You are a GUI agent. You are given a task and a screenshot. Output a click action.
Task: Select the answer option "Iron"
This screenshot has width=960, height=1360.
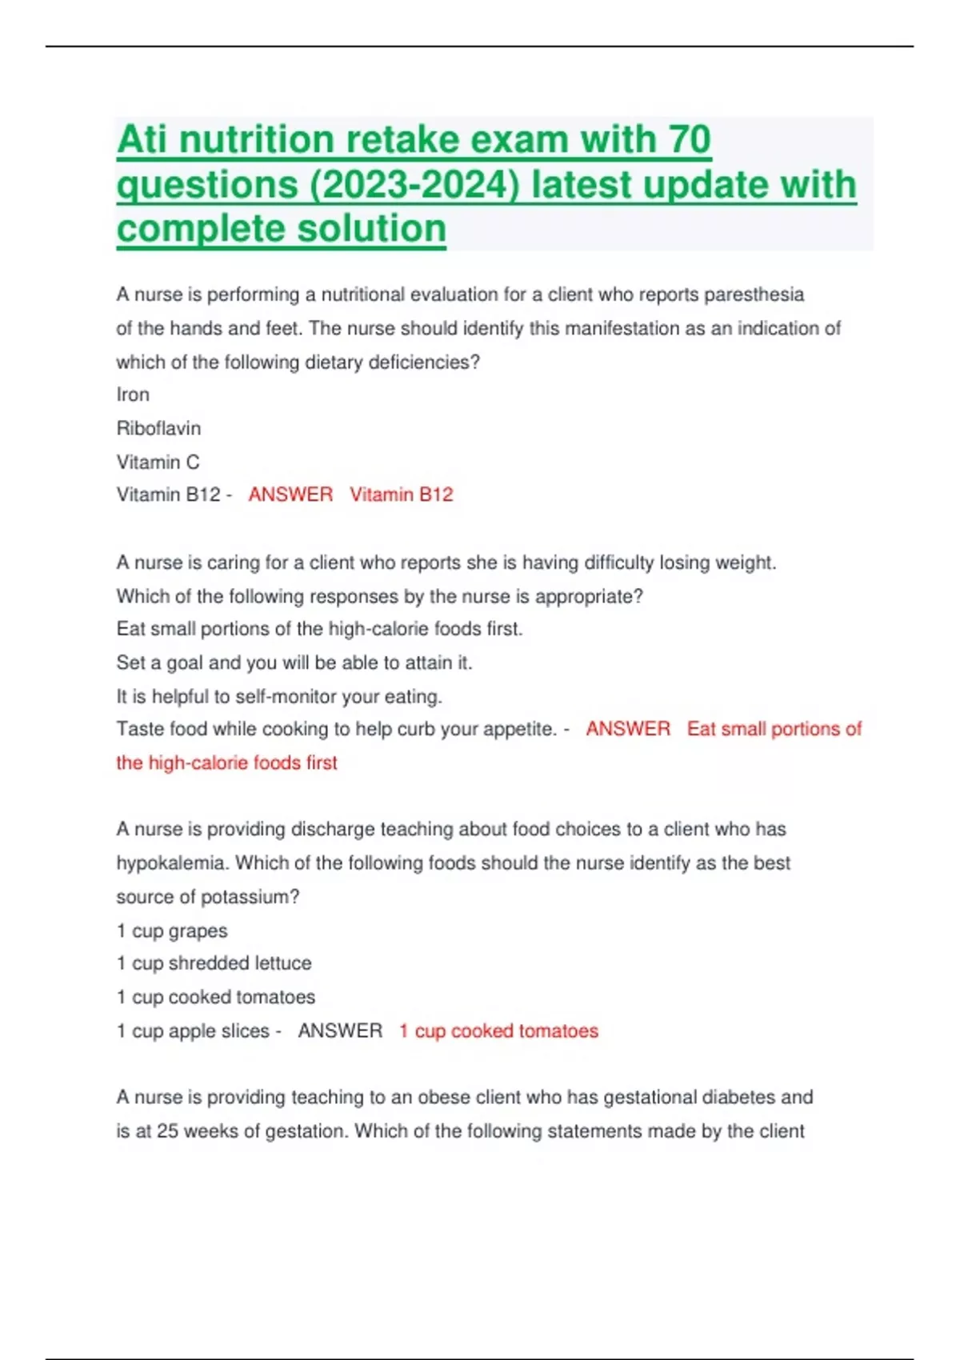pos(133,394)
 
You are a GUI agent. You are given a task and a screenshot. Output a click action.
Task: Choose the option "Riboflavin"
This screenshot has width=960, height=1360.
pos(158,428)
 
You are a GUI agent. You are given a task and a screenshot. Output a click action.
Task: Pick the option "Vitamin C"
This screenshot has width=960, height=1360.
pos(158,462)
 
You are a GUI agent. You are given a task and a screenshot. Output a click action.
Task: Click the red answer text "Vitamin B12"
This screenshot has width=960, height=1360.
pos(401,494)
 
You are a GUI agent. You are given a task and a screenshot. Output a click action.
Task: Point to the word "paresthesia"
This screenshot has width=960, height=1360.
pos(754,294)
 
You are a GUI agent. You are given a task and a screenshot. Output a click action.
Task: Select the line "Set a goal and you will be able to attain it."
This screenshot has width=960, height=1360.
pos(294,662)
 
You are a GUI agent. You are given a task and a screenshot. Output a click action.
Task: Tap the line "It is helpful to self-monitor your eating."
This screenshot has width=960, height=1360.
pos(279,696)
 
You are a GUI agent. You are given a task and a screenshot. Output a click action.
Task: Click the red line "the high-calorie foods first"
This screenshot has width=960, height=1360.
pos(226,762)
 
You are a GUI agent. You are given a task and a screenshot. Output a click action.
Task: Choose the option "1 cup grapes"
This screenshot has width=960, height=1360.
pos(172,930)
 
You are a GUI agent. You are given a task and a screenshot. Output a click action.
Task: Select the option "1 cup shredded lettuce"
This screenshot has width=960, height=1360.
pos(214,963)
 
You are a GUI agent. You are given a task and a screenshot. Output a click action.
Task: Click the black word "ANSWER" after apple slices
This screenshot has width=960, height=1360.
pos(340,1030)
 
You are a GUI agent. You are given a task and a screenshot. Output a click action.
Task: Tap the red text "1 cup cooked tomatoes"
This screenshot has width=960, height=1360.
pos(498,1030)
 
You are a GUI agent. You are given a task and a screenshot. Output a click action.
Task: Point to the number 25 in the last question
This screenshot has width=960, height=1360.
pos(167,1131)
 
